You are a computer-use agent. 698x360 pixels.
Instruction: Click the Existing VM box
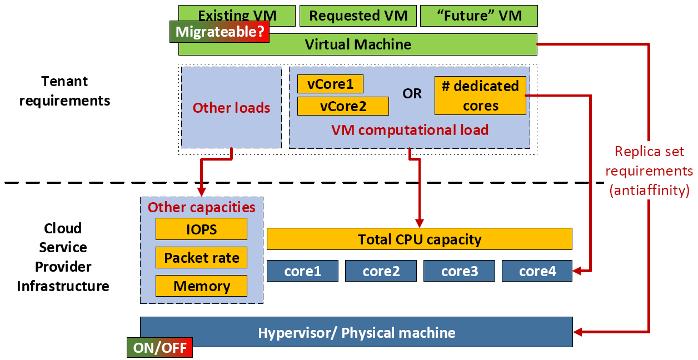click(x=236, y=15)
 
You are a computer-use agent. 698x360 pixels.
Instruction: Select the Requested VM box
click(x=357, y=16)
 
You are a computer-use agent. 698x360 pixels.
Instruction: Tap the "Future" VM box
click(x=479, y=16)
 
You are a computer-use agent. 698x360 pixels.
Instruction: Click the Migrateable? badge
click(x=219, y=32)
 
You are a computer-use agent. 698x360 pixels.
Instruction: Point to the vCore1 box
click(x=330, y=84)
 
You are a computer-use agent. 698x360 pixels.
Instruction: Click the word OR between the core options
click(x=412, y=94)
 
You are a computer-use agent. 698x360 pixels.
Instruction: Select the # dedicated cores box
click(x=480, y=96)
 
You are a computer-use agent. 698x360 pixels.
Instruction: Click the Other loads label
click(x=231, y=108)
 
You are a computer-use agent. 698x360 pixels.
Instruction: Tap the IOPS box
click(x=201, y=229)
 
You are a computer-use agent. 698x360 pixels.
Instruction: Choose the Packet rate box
click(x=201, y=258)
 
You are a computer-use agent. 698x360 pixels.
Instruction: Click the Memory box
click(x=201, y=286)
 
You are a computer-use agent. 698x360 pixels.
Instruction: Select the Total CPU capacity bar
click(x=420, y=239)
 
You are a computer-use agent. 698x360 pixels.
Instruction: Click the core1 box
click(x=302, y=271)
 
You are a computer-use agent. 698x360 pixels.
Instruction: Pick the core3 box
click(x=459, y=271)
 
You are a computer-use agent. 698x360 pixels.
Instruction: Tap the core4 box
click(x=537, y=271)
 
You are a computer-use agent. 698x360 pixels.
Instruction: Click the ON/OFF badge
click(x=160, y=348)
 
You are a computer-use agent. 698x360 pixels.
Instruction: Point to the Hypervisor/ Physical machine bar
click(x=356, y=333)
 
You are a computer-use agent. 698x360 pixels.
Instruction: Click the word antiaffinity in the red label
click(x=649, y=191)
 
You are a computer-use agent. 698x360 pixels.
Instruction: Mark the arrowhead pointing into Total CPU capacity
click(x=420, y=223)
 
